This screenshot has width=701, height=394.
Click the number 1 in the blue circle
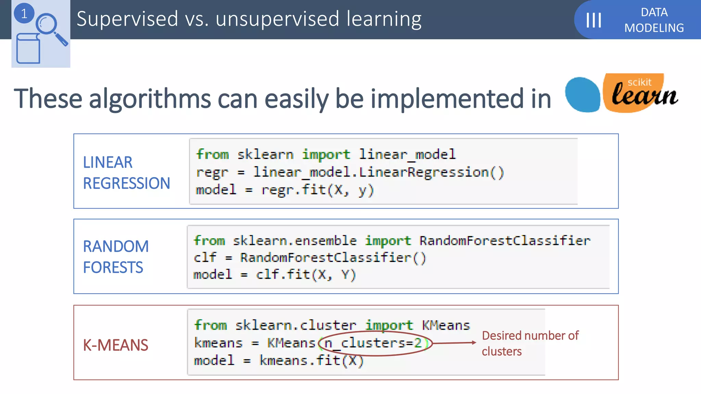(24, 14)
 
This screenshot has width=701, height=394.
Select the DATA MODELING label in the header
(654, 20)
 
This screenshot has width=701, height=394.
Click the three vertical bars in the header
(594, 20)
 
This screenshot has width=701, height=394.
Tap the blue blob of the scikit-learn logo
(582, 95)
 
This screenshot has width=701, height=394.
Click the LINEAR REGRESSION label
(126, 173)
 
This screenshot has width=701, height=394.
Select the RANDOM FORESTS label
(116, 257)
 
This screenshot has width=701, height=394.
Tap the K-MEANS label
(116, 345)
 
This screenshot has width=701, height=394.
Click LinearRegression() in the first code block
(431, 172)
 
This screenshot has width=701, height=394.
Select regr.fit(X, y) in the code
(318, 190)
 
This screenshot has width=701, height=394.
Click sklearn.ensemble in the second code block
(294, 241)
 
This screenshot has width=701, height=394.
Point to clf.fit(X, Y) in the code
(306, 275)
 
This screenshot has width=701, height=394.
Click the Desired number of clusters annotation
(530, 343)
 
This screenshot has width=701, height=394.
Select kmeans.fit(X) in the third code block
(311, 360)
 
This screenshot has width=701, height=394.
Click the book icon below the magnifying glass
(28, 49)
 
